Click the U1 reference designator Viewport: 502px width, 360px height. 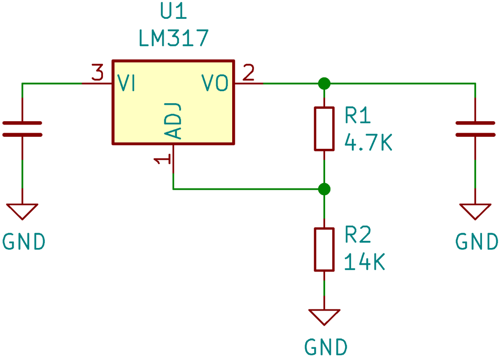173,13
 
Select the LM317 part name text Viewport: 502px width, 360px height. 173,38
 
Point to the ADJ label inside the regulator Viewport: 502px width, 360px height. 173,121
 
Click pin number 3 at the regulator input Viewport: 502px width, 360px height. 97,74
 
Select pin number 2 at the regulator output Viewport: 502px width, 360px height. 248,74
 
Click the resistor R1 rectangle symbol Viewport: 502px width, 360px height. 324,128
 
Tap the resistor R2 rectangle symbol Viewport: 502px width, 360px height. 324,250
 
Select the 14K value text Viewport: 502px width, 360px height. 364,263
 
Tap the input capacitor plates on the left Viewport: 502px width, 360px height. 22,129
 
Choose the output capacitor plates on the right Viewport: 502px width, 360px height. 475,129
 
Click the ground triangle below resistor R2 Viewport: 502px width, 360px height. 324,317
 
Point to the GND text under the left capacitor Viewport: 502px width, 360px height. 24,242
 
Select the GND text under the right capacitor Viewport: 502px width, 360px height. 476,242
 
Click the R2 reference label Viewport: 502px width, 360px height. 358,236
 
